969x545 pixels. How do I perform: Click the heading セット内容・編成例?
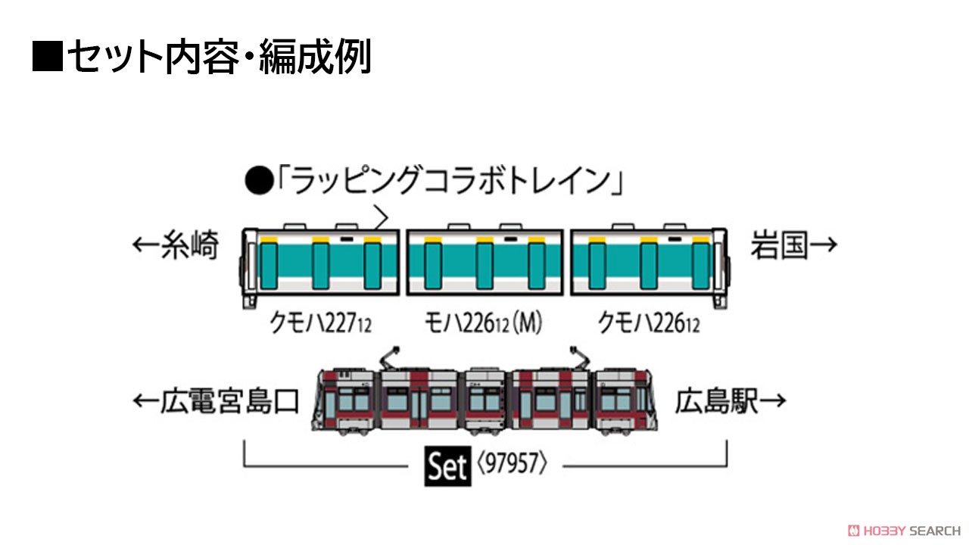pyautogui.click(x=220, y=56)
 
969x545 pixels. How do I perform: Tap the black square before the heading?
pyautogui.click(x=48, y=56)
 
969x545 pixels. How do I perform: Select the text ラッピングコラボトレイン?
pyautogui.click(x=450, y=181)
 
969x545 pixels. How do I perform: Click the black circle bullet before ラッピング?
pyautogui.click(x=259, y=181)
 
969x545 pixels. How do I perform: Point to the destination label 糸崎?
pyautogui.click(x=190, y=244)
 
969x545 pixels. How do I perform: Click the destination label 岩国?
pyautogui.click(x=779, y=244)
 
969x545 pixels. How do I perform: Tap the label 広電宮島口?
pyautogui.click(x=229, y=401)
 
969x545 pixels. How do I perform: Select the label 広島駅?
pyautogui.click(x=717, y=401)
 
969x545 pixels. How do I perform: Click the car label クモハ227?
pyautogui.click(x=320, y=323)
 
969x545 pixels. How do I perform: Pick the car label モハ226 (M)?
pyautogui.click(x=483, y=323)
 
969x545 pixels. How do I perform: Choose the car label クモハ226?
pyautogui.click(x=648, y=323)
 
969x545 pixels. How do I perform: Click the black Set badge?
pyautogui.click(x=447, y=466)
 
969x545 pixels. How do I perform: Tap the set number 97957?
pyautogui.click(x=513, y=463)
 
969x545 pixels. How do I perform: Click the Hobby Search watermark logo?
pyautogui.click(x=904, y=531)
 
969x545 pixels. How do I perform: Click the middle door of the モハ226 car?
pyautogui.click(x=484, y=266)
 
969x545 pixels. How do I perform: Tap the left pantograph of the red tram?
pyautogui.click(x=390, y=358)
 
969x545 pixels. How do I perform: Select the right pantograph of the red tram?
pyautogui.click(x=580, y=358)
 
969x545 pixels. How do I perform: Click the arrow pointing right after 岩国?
pyautogui.click(x=823, y=244)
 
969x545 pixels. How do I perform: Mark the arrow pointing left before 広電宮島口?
pyautogui.click(x=146, y=401)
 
